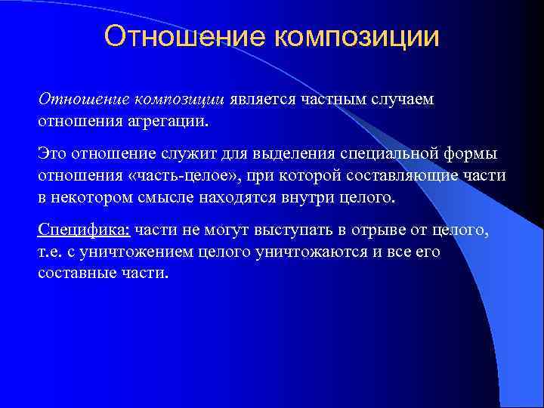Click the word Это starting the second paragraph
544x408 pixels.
pos(52,155)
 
